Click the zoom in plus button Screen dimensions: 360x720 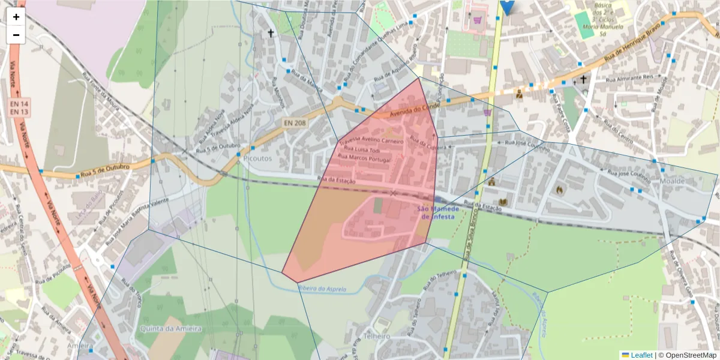(x=16, y=17)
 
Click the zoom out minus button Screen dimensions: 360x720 (x=16, y=35)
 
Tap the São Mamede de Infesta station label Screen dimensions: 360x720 (x=438, y=212)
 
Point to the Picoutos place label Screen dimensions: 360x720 (x=258, y=158)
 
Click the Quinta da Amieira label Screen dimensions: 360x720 (x=171, y=329)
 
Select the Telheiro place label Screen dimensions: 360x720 (x=377, y=336)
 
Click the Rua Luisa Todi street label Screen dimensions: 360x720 (x=363, y=149)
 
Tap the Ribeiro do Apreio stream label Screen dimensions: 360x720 (x=322, y=289)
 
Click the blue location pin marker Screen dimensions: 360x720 (x=507, y=6)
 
